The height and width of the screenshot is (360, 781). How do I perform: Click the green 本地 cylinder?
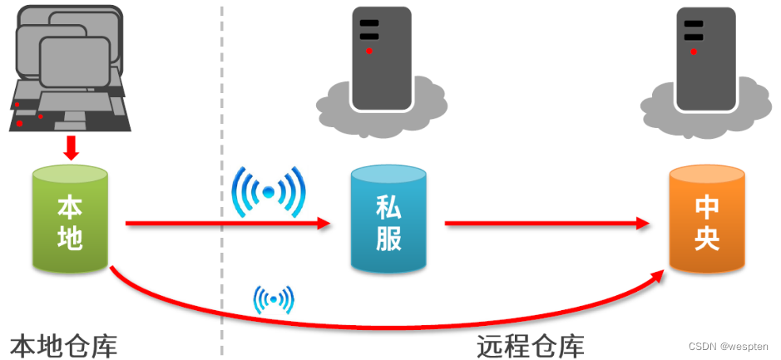click(70, 220)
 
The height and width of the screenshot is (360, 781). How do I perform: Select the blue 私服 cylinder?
click(388, 220)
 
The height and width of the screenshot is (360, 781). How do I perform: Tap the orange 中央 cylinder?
click(707, 220)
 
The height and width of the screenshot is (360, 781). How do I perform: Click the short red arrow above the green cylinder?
click(72, 147)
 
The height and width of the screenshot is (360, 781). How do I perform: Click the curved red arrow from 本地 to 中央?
click(374, 321)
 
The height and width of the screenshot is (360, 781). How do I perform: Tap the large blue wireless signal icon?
click(269, 192)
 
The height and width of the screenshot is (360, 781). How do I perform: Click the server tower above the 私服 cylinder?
click(381, 57)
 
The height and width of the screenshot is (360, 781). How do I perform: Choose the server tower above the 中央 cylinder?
click(705, 57)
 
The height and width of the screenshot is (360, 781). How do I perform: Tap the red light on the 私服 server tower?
click(368, 51)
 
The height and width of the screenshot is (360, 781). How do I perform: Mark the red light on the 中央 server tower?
click(693, 51)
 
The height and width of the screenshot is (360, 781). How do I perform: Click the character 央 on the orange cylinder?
click(707, 238)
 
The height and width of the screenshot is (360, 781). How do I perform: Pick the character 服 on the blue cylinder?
click(388, 238)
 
